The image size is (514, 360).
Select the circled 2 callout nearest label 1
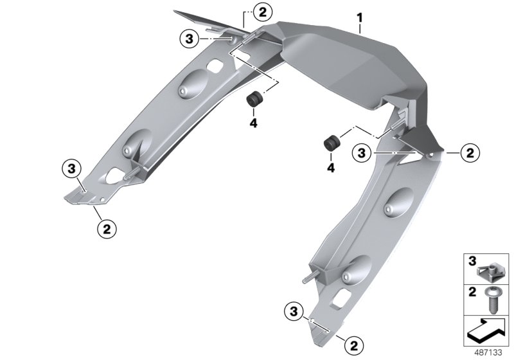click(x=262, y=11)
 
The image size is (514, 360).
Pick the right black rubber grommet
click(x=332, y=143)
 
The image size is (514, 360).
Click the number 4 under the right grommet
click(x=332, y=167)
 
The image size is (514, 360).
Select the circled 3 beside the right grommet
click(x=362, y=153)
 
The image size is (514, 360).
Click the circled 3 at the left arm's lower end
click(x=71, y=170)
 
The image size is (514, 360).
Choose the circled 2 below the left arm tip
click(x=107, y=227)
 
